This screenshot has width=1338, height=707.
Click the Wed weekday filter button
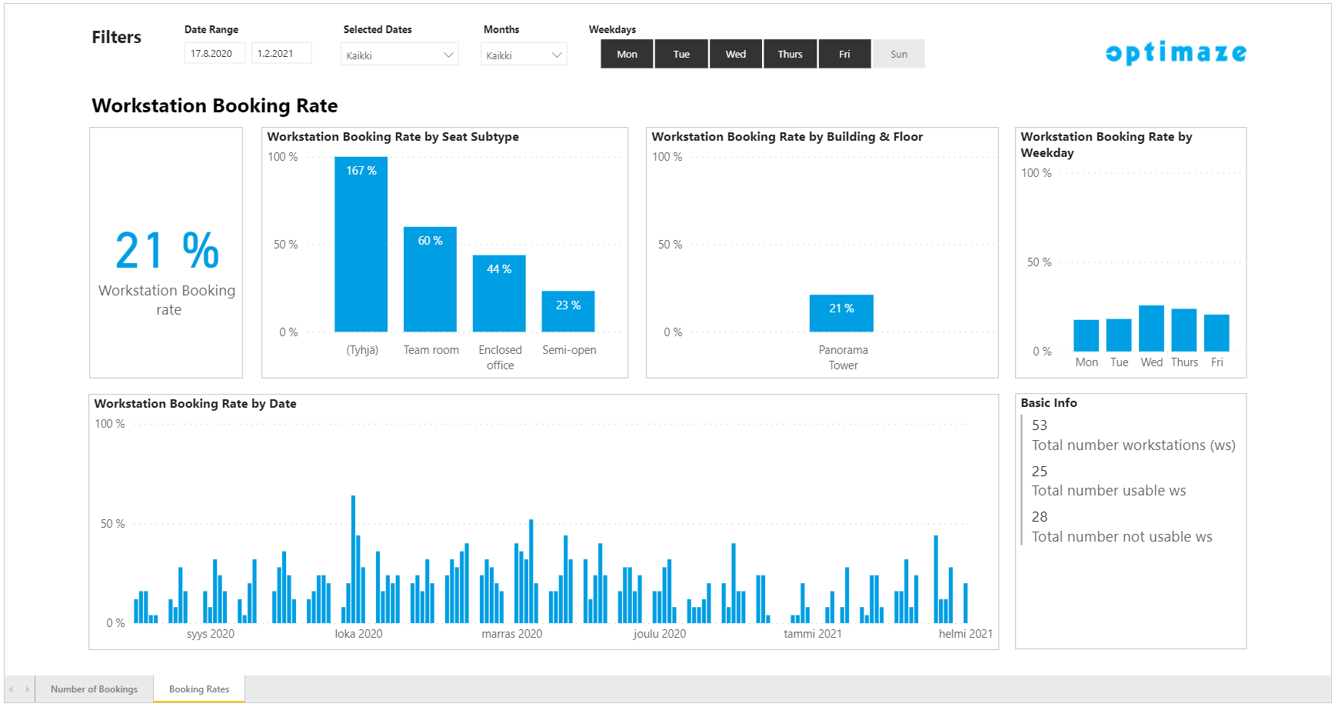(736, 54)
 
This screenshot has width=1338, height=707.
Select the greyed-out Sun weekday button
(898, 54)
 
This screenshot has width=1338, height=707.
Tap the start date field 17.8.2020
(215, 53)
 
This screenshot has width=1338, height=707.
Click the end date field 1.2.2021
(281, 53)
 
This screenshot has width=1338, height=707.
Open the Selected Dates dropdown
(399, 55)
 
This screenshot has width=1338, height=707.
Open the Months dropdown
(523, 55)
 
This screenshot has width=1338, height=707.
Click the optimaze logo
(1176, 52)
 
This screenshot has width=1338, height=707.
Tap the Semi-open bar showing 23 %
(568, 312)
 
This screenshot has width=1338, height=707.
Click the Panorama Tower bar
(841, 313)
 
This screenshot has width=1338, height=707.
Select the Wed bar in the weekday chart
(1151, 328)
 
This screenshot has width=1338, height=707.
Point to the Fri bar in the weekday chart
(1217, 333)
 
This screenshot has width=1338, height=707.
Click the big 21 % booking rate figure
(168, 251)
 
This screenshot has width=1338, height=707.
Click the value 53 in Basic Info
(1040, 425)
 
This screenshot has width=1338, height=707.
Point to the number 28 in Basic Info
(1040, 517)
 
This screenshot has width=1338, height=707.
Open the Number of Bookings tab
(94, 689)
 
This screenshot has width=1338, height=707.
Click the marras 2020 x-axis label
(511, 634)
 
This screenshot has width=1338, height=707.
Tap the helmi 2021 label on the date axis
(965, 634)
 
